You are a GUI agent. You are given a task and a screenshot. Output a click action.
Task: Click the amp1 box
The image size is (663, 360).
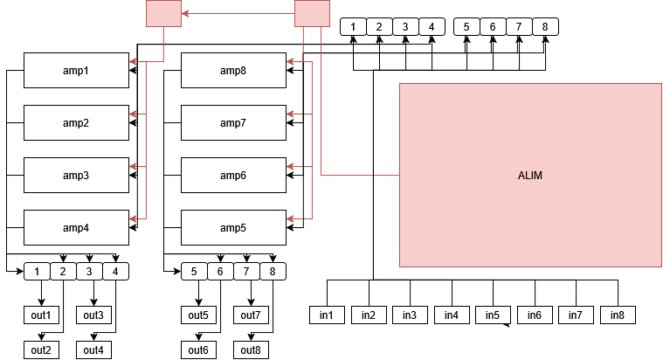click(76, 70)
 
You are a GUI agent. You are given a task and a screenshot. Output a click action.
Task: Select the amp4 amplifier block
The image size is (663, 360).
click(76, 227)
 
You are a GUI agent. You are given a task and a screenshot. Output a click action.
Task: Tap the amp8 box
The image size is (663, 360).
click(233, 70)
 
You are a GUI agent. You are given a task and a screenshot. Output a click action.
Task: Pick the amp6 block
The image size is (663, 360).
click(233, 175)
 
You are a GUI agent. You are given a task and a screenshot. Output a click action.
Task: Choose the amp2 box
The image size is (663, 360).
click(76, 122)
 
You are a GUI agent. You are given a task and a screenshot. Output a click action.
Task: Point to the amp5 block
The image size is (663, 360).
click(233, 227)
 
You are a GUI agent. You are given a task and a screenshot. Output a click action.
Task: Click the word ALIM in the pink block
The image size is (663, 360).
click(530, 176)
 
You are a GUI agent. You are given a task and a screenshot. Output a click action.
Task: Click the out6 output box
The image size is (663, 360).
click(199, 350)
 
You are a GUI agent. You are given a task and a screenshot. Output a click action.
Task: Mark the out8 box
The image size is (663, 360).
click(251, 350)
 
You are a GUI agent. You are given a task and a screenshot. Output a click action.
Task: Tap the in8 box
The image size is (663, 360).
click(618, 315)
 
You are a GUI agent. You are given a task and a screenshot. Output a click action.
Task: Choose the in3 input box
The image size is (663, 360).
click(410, 315)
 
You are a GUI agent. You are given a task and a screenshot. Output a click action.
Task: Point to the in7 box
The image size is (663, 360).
click(576, 315)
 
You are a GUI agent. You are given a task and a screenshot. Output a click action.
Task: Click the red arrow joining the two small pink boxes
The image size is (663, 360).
click(238, 13)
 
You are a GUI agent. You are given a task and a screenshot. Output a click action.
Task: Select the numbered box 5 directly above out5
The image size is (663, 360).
click(194, 272)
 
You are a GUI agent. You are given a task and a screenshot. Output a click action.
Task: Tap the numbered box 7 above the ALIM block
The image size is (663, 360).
click(519, 26)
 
